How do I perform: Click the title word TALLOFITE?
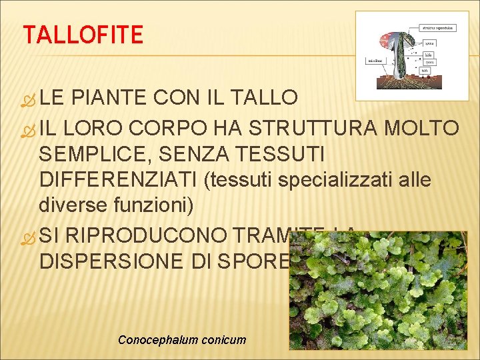click(83, 34)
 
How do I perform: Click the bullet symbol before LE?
click(29, 99)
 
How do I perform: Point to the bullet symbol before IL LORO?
click(29, 128)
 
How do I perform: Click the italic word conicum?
click(223, 340)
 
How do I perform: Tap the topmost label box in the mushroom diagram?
click(437, 28)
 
